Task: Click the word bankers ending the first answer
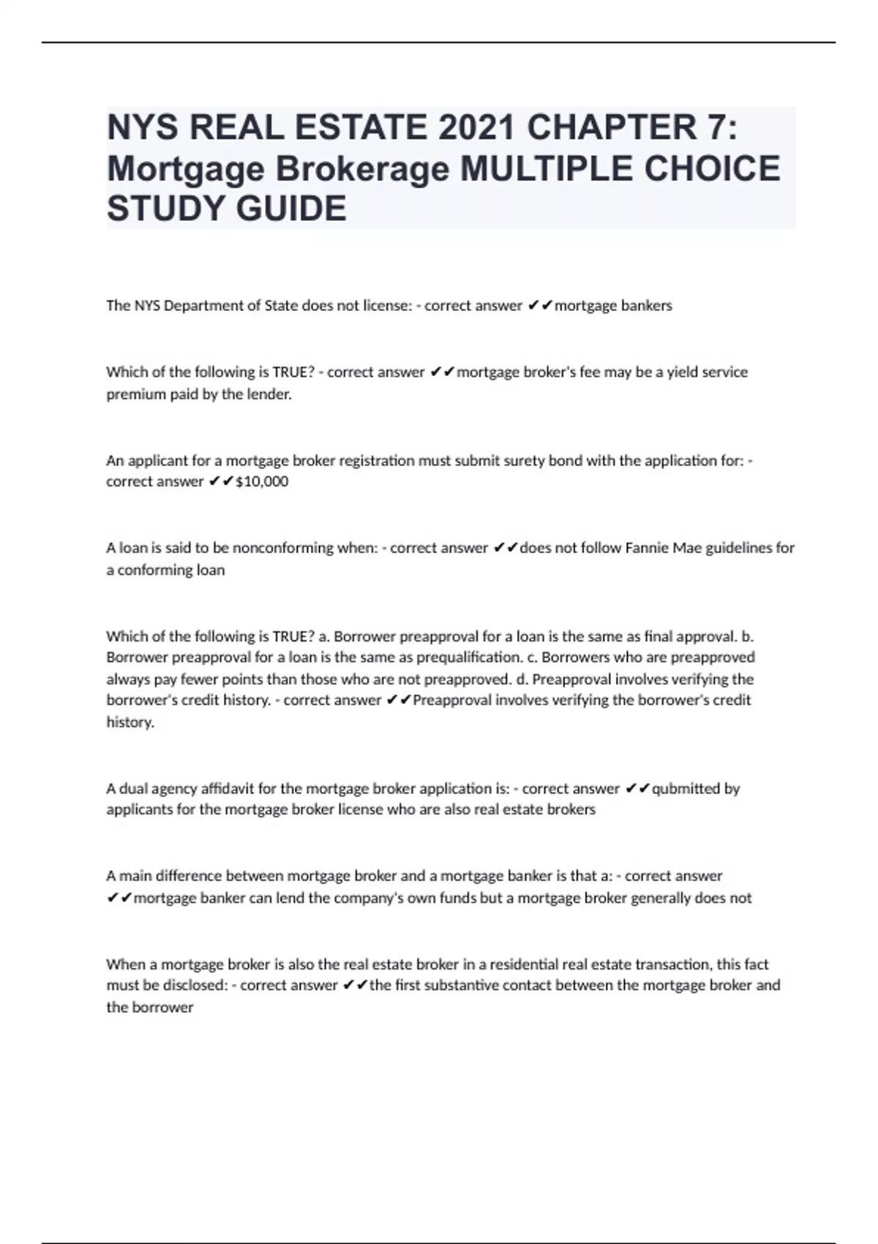click(646, 306)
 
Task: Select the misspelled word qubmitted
click(686, 789)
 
